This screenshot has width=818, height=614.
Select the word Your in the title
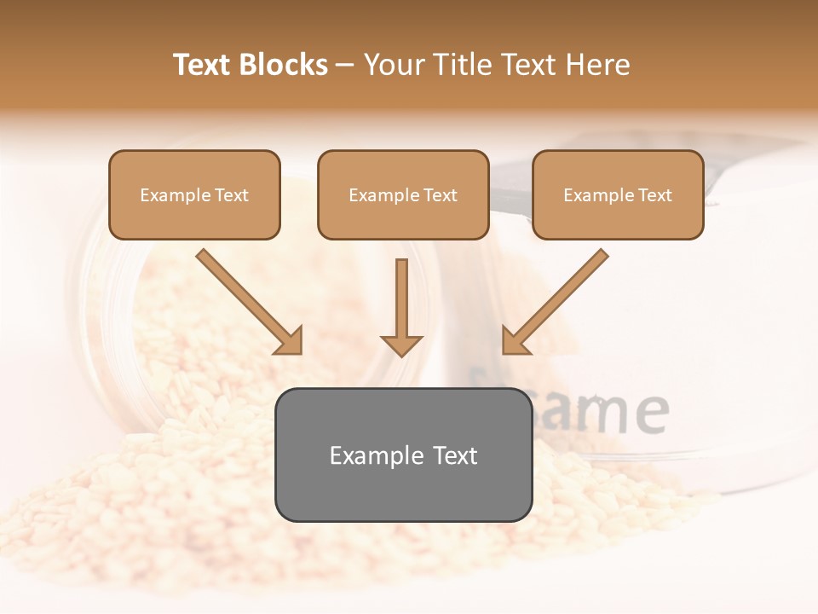(x=394, y=65)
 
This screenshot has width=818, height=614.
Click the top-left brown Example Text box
(x=194, y=195)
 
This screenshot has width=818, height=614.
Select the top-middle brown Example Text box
(x=403, y=195)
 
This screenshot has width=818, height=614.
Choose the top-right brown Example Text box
(x=618, y=195)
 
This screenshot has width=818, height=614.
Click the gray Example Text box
(x=403, y=455)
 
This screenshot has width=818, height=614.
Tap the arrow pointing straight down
(x=401, y=303)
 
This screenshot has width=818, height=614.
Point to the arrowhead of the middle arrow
(x=401, y=345)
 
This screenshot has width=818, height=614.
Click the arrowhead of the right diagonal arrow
(x=515, y=341)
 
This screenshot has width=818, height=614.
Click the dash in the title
(x=345, y=66)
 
